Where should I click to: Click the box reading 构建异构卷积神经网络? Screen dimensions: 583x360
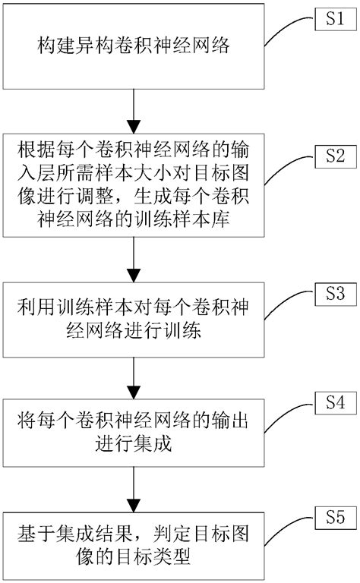coord(134,47)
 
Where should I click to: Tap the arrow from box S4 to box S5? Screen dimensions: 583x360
coord(134,490)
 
